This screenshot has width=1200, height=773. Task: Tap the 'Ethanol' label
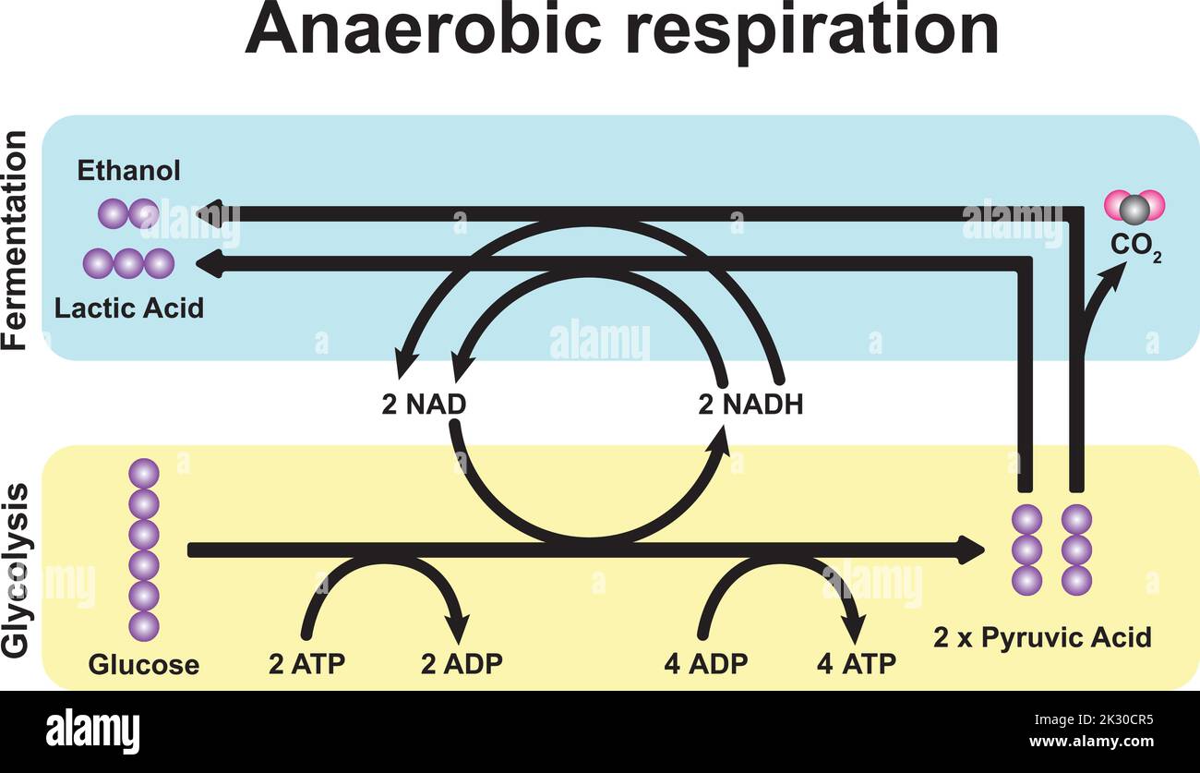tap(128, 171)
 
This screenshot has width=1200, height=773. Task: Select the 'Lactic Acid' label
tap(128, 308)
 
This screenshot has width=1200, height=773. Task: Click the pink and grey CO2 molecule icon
tap(1134, 209)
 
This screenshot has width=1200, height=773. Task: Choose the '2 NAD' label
tap(423, 405)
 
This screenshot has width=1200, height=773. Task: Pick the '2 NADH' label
tap(750, 405)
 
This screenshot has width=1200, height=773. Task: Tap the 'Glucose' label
tap(143, 665)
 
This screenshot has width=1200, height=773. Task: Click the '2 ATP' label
tap(306, 663)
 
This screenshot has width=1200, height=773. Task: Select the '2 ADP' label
tap(462, 663)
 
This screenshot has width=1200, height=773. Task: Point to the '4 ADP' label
tap(705, 663)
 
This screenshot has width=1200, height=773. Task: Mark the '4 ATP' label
tap(856, 663)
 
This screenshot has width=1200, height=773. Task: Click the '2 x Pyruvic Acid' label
tap(1042, 637)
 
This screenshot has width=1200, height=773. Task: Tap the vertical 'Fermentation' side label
tap(16, 239)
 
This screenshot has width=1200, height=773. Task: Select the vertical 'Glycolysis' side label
tap(16, 570)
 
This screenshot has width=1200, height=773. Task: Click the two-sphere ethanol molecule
tap(128, 213)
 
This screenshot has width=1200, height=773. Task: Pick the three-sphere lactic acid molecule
tap(128, 263)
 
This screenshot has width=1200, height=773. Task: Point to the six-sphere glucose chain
tap(144, 550)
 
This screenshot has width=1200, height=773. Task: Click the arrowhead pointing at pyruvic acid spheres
tap(972, 550)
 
